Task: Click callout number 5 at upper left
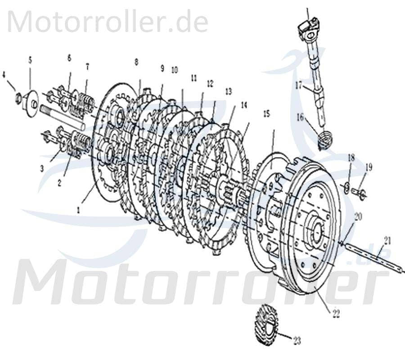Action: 30,59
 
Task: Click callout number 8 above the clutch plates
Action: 136,62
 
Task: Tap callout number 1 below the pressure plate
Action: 79,209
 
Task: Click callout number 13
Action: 229,91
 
